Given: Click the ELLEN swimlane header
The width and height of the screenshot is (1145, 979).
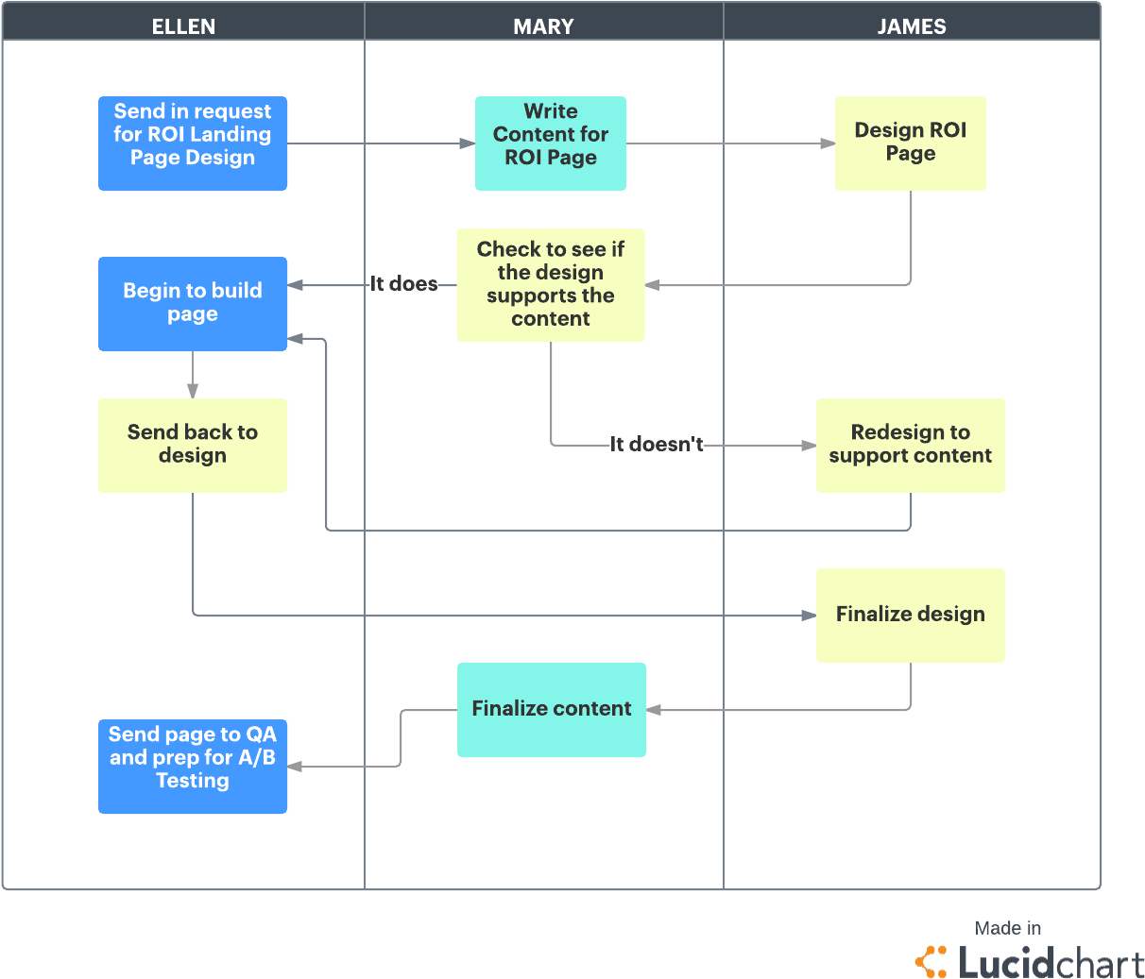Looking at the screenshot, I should point(183,25).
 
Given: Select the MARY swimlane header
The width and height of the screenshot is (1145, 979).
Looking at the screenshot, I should point(543,25).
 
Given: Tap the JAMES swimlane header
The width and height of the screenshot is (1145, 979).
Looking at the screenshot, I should point(911,25).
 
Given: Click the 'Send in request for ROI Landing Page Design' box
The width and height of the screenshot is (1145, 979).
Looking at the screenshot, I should point(193,143).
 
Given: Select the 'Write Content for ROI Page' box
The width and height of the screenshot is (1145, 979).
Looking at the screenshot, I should point(551,143).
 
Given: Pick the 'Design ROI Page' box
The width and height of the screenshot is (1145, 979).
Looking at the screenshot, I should point(911,143).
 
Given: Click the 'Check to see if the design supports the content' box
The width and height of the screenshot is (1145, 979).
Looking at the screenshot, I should point(551,285).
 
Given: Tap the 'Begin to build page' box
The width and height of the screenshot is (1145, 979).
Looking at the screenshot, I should point(193,304).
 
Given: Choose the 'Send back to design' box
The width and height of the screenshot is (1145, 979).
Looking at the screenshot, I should point(193,446).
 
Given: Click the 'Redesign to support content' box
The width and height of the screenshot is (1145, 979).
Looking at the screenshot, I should point(911,446).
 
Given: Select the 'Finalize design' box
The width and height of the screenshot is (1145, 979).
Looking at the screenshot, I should point(911,616).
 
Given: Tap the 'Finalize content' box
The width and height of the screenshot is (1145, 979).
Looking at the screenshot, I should point(552,710).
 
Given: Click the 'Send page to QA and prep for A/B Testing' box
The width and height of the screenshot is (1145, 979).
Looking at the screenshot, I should point(193,767).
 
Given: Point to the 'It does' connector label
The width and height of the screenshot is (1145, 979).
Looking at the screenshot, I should point(404,284).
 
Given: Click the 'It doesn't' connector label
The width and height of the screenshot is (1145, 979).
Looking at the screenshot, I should point(657,445).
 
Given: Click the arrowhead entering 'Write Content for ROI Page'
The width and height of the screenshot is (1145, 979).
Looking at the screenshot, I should point(468,143).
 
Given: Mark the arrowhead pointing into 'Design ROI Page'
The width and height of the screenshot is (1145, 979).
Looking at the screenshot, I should point(828,143).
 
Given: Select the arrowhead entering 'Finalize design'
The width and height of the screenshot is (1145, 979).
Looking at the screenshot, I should point(809,616).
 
